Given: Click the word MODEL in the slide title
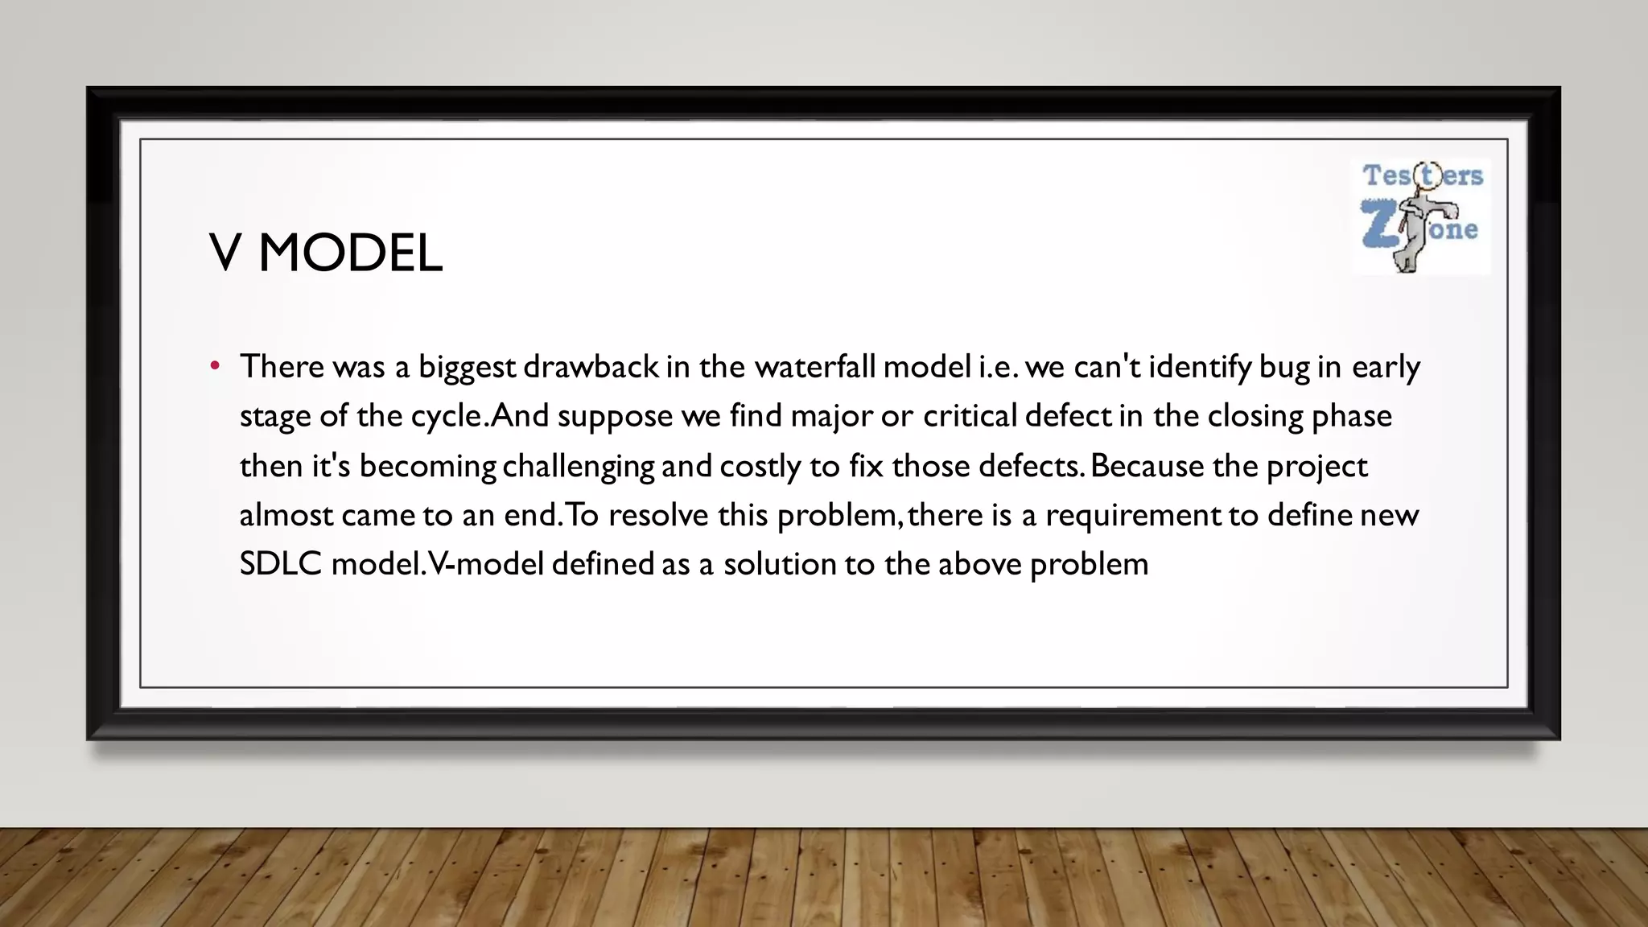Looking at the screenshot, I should click(350, 253).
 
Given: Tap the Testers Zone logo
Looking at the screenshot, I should click(1421, 216).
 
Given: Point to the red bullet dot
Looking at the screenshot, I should click(215, 367).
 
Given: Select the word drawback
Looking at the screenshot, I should click(591, 367).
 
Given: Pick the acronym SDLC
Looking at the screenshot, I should click(281, 564).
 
